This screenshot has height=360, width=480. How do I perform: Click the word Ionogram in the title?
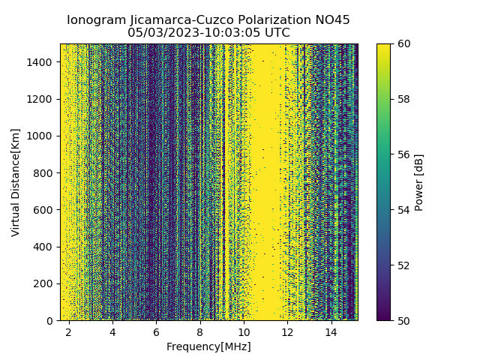point(94,20)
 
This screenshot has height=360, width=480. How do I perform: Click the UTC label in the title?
point(276,33)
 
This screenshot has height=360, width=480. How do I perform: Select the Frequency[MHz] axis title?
point(208,346)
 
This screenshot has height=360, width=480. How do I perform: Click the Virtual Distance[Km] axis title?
point(16,181)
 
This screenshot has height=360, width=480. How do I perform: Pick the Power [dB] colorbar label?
point(419,182)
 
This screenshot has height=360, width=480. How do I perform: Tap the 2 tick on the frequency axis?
point(69,331)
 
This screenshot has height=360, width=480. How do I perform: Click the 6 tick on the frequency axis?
point(156,331)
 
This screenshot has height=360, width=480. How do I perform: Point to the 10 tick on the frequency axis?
point(244,331)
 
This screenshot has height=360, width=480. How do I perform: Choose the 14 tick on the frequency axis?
point(331,331)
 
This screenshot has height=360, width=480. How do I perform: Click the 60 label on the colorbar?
point(402,43)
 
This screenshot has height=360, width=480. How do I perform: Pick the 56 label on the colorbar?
point(402,154)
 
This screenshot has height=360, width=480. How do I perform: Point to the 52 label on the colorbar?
point(402,265)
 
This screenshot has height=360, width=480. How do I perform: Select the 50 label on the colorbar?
point(402,321)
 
